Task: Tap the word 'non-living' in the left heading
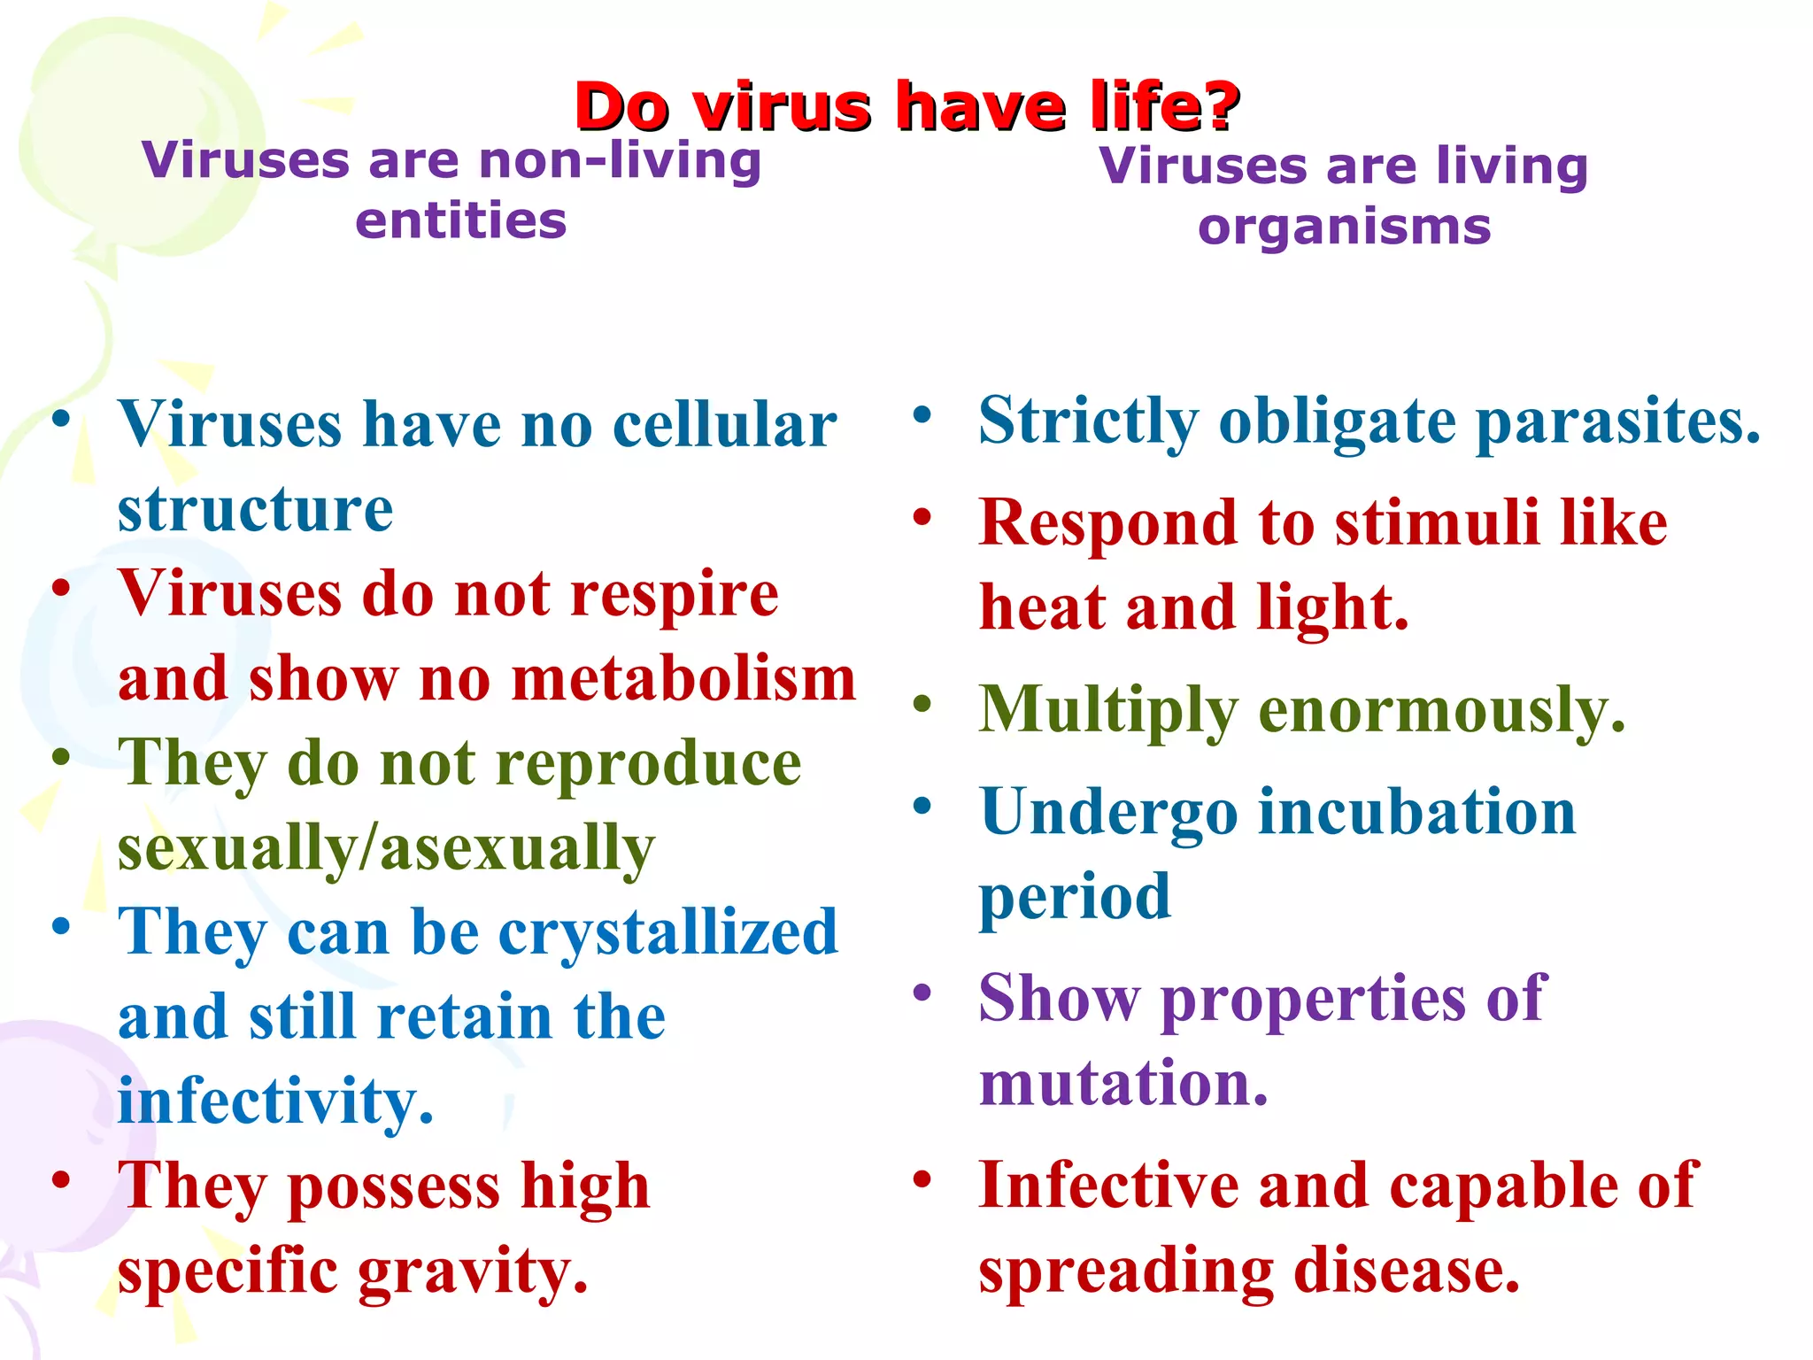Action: pos(619,162)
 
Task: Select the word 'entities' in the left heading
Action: pos(460,221)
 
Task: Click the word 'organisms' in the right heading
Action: pos(1344,228)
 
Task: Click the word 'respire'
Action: pos(675,594)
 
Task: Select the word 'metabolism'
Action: pos(683,679)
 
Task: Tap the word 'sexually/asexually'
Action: pos(386,848)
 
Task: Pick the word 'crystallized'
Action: pos(668,933)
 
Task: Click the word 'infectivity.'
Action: pos(275,1101)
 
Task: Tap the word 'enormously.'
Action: pos(1442,710)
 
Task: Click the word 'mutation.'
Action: pos(1123,1084)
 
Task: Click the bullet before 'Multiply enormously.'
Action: pos(922,705)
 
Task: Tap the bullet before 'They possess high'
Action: pos(61,1179)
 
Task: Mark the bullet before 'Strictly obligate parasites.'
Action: pos(922,414)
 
